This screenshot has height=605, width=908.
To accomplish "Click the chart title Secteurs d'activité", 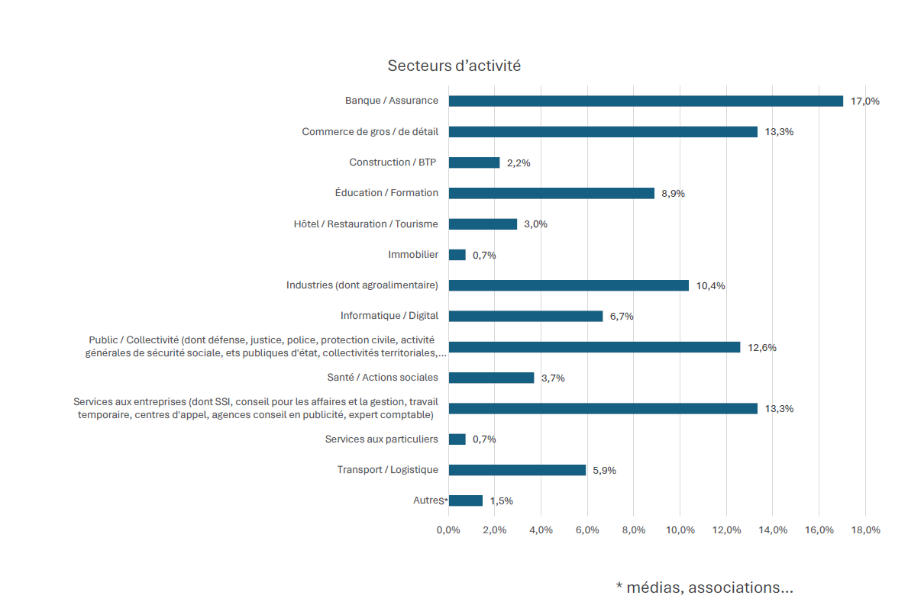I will (x=454, y=66).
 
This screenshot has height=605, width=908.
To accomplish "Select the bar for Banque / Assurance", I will (x=645, y=101).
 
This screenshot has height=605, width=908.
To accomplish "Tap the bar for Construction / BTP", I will (x=474, y=163).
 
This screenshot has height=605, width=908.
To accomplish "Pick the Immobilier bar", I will (x=457, y=255).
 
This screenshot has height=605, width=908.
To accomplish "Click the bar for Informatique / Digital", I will (x=525, y=316).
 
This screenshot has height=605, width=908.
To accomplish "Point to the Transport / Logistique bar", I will (x=517, y=470).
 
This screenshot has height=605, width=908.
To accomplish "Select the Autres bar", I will (x=466, y=500).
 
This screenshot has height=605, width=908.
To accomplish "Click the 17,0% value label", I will (x=865, y=101).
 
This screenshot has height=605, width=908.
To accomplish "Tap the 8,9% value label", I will (x=673, y=194).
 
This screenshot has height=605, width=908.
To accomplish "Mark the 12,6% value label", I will (x=762, y=348).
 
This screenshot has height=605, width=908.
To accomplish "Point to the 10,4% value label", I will (x=710, y=286).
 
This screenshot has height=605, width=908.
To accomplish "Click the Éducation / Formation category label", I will (x=386, y=193).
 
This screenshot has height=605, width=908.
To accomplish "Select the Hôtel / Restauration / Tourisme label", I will (x=366, y=224).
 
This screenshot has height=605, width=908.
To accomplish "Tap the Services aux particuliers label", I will (x=381, y=439).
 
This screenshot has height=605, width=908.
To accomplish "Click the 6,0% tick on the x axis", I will (x=587, y=530).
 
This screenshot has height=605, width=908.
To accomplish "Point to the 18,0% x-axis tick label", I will (x=865, y=530).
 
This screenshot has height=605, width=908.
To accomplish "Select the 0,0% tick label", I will (x=448, y=530).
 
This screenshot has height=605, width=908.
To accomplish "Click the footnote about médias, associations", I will (x=704, y=587).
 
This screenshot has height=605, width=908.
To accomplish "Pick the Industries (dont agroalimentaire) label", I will (x=362, y=285).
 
